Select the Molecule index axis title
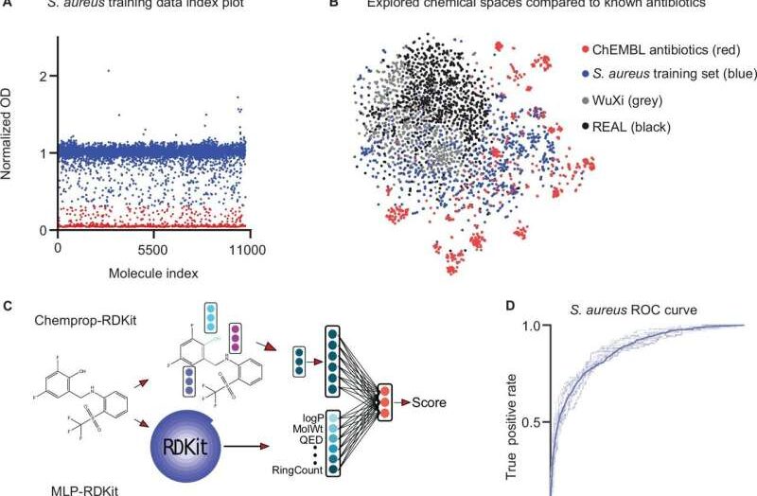(x=151, y=275)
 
